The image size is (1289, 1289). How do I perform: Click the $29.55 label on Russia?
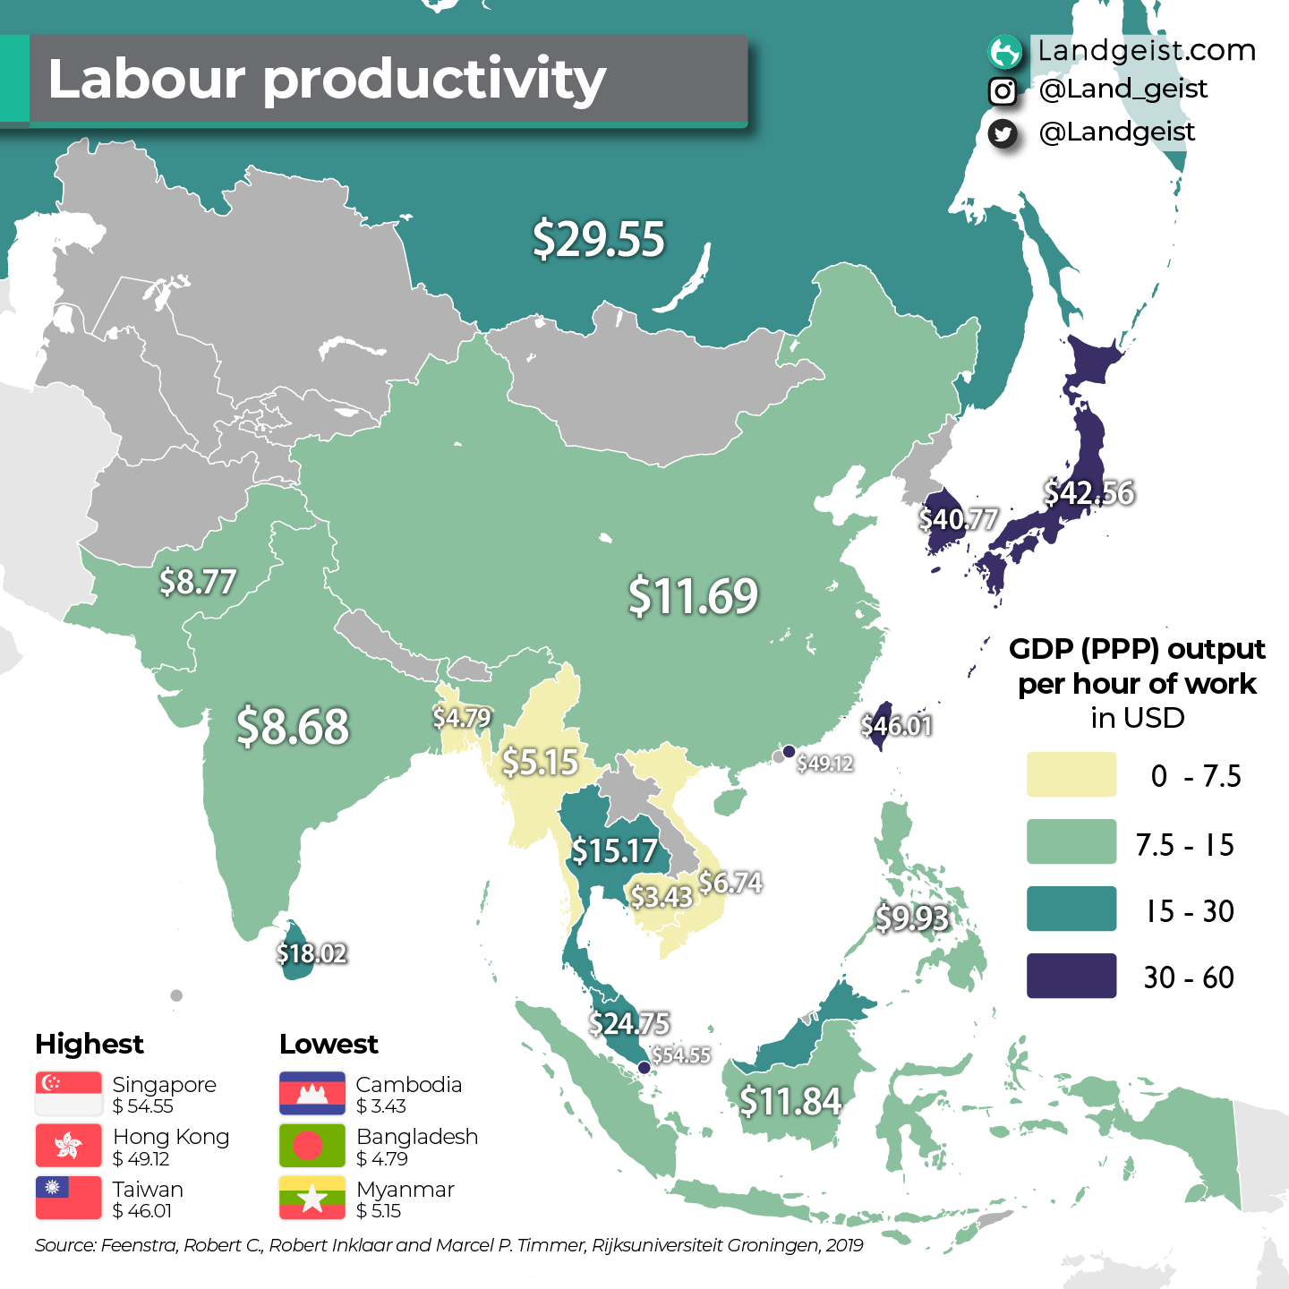(x=599, y=240)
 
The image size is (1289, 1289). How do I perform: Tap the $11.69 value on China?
(x=693, y=596)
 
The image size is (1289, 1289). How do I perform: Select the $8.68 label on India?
(x=293, y=726)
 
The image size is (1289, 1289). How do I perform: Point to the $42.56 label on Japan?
(x=1089, y=492)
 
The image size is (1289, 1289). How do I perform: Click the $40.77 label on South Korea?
(x=959, y=519)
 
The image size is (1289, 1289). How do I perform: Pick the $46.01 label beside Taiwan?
(x=897, y=725)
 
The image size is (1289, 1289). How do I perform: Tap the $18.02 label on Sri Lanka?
(x=312, y=953)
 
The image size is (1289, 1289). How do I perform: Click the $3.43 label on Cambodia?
(x=662, y=896)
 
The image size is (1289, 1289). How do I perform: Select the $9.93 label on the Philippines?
(x=911, y=918)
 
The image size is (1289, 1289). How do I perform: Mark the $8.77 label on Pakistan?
(x=198, y=582)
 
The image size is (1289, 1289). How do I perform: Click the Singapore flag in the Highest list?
(x=69, y=1094)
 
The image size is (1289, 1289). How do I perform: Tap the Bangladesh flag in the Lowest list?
(x=312, y=1146)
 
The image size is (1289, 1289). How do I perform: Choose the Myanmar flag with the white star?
(x=312, y=1199)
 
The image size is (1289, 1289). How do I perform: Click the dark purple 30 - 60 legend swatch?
(x=1071, y=976)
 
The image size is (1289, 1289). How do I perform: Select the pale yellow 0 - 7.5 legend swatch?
(x=1071, y=774)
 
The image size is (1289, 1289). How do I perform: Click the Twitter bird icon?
(x=1003, y=133)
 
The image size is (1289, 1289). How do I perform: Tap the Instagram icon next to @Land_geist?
(x=1003, y=90)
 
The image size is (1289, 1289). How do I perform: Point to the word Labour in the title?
(x=146, y=79)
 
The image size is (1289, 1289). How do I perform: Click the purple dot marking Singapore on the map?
(x=644, y=1067)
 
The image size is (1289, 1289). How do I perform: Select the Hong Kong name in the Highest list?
(x=171, y=1137)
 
